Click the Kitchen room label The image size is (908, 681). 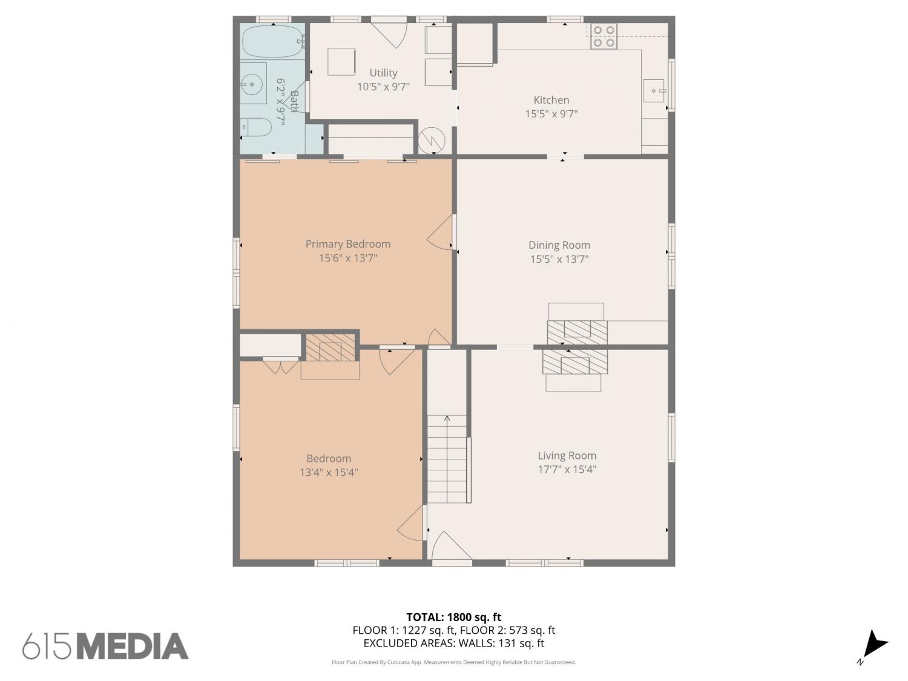click(x=551, y=100)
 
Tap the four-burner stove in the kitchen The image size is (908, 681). click(x=604, y=36)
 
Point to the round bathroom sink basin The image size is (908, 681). click(x=251, y=84)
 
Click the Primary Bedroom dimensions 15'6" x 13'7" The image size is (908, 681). click(x=348, y=258)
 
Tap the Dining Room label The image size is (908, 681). click(x=559, y=245)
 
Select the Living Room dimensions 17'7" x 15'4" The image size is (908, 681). click(x=567, y=469)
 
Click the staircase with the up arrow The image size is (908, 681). click(x=447, y=459)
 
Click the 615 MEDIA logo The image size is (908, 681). click(x=105, y=646)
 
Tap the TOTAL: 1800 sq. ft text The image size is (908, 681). click(x=454, y=617)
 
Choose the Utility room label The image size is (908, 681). click(x=383, y=73)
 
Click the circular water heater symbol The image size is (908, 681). click(x=431, y=140)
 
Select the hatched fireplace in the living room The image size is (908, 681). click(x=575, y=362)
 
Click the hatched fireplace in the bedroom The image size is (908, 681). click(x=331, y=347)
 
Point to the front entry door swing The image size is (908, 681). click(x=452, y=545)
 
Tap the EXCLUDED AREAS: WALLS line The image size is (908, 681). click(x=454, y=643)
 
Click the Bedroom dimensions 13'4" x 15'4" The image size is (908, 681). click(x=329, y=472)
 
